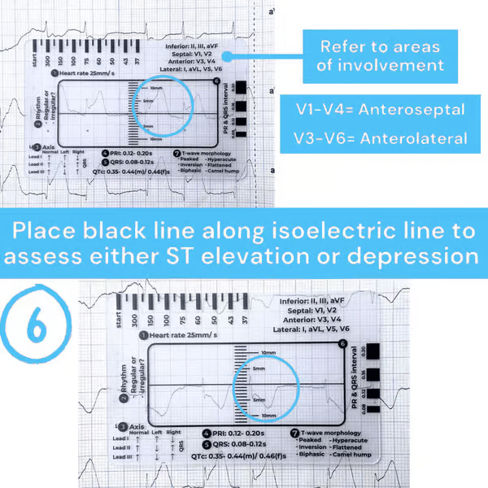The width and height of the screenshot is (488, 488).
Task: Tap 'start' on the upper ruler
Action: (33, 53)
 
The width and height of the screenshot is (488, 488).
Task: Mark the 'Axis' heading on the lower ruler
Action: (137, 426)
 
